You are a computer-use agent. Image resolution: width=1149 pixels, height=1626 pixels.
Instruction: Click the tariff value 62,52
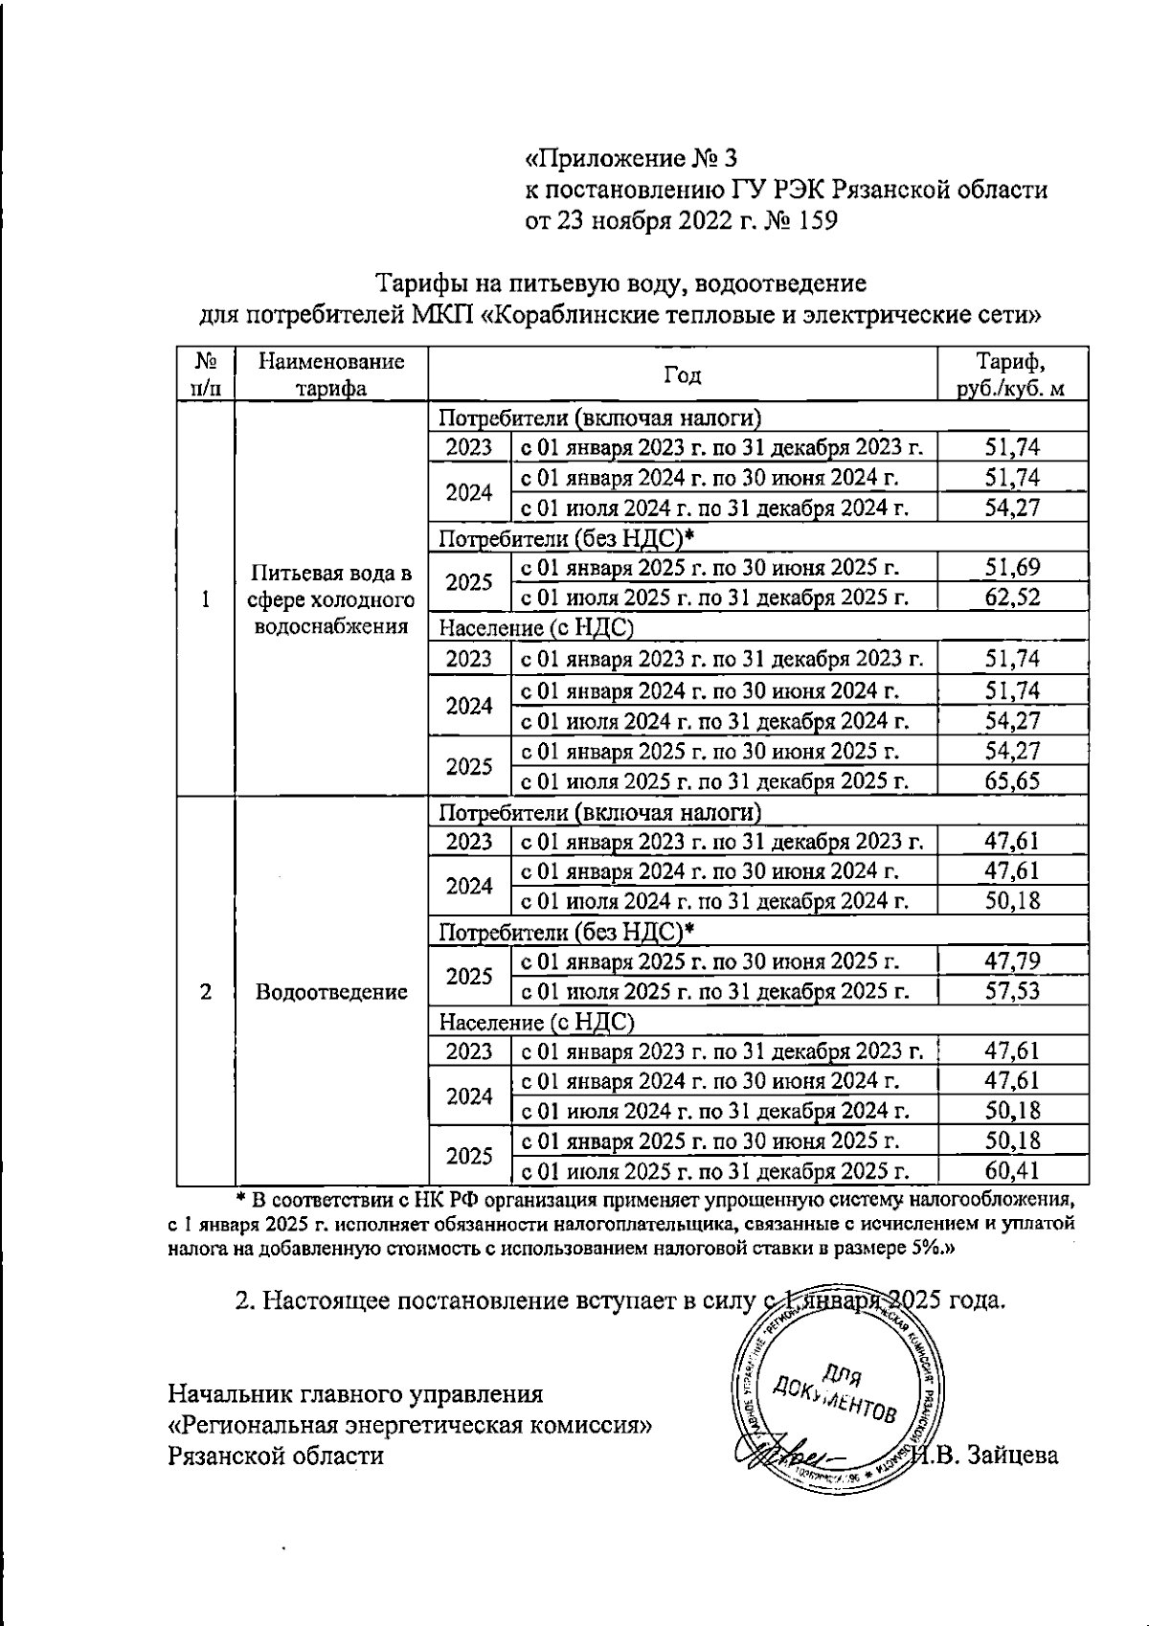coord(1012,598)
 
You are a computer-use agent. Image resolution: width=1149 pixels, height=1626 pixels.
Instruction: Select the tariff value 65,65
coord(1012,781)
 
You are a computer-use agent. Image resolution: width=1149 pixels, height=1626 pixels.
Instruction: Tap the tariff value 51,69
coord(1012,568)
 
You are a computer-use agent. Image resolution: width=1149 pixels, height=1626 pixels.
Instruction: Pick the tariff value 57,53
coord(1012,991)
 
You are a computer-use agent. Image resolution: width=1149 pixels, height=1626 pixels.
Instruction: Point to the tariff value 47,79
coord(1012,961)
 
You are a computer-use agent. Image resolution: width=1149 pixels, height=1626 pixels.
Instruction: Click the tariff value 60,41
coord(1012,1170)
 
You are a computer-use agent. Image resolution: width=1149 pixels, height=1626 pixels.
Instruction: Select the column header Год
coord(682,374)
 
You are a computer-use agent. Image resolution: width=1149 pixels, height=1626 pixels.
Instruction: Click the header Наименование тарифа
coord(331,374)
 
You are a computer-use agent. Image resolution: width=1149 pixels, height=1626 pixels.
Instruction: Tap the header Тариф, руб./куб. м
coord(1011,374)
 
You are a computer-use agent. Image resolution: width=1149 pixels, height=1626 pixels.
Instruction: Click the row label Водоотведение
coord(331,992)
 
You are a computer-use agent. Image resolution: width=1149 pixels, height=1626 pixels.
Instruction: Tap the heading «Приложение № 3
coord(631,157)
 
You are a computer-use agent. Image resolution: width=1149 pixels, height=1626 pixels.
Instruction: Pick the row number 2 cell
coord(206,992)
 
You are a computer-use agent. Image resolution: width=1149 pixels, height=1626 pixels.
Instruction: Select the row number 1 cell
coord(206,599)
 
